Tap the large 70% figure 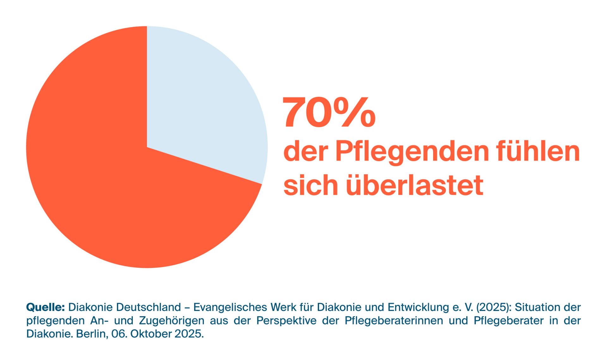329,113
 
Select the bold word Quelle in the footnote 45,307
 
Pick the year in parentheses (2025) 493,307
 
